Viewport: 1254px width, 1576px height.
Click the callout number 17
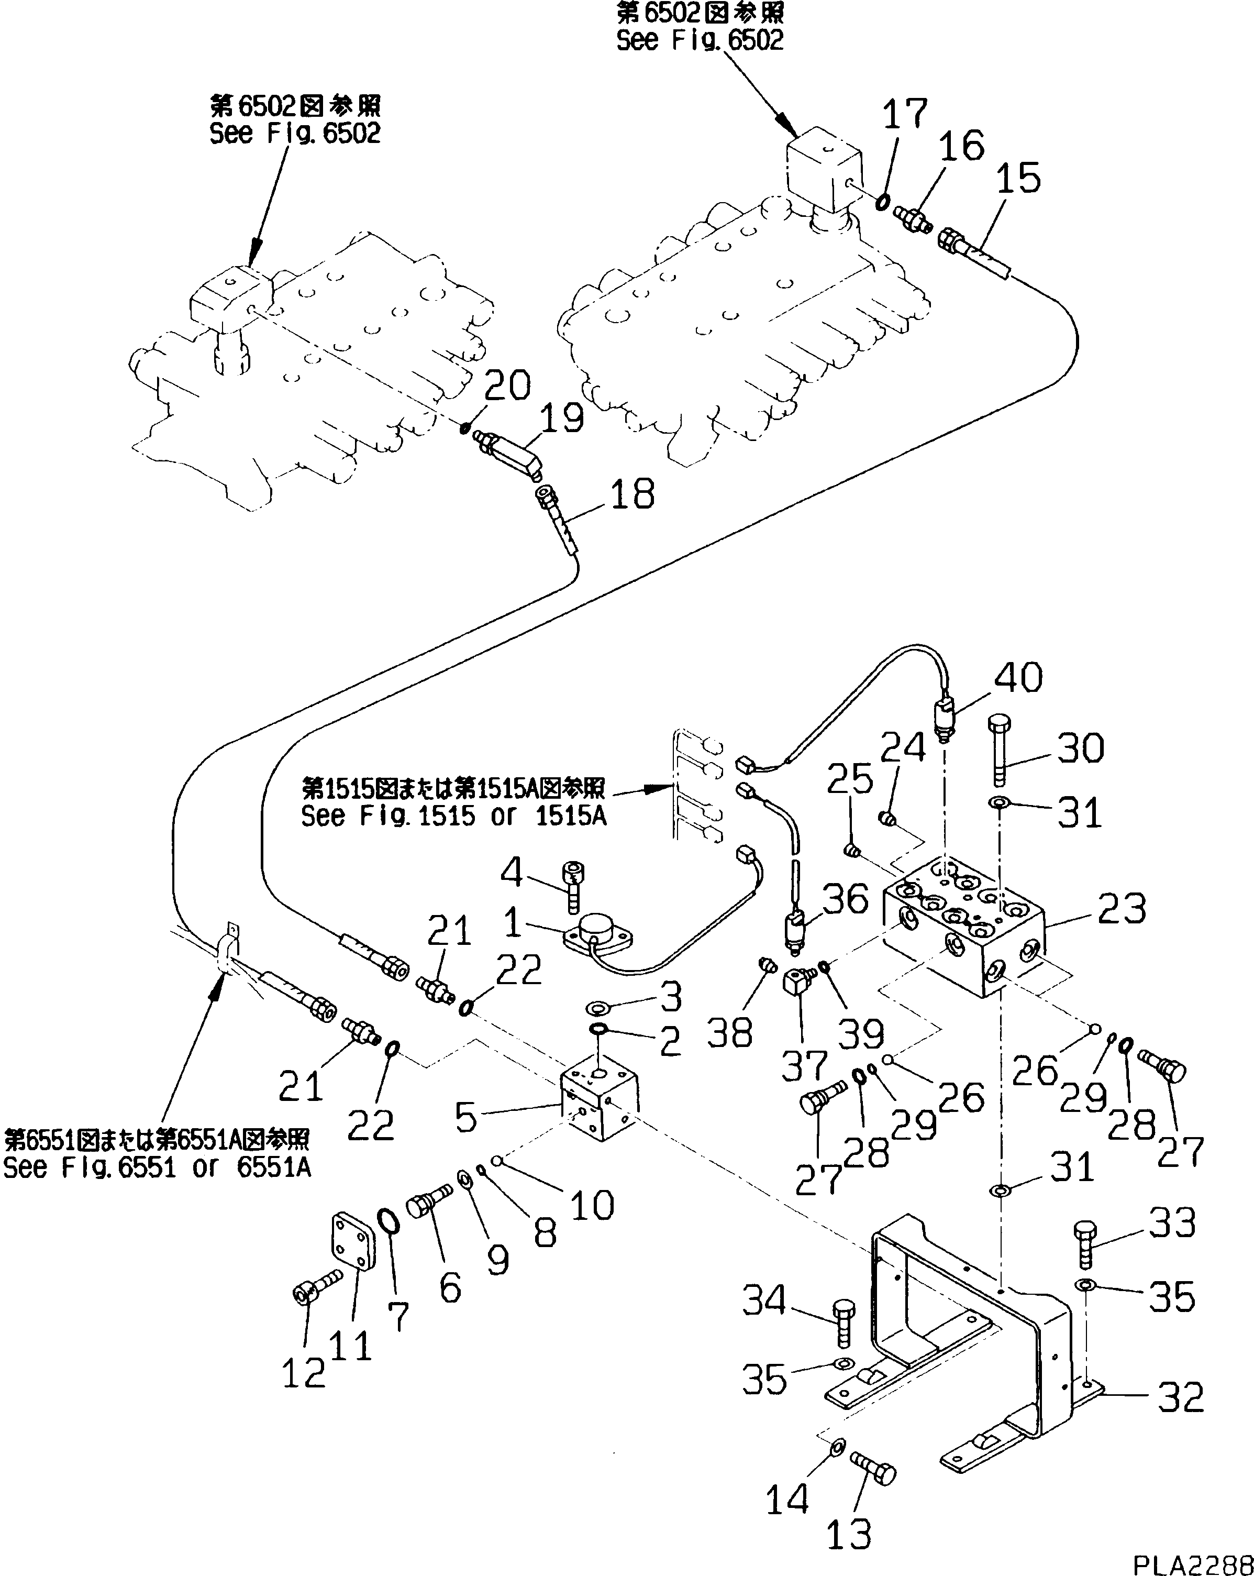905,114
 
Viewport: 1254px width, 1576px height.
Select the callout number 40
1018,677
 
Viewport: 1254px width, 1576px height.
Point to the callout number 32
1180,1397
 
